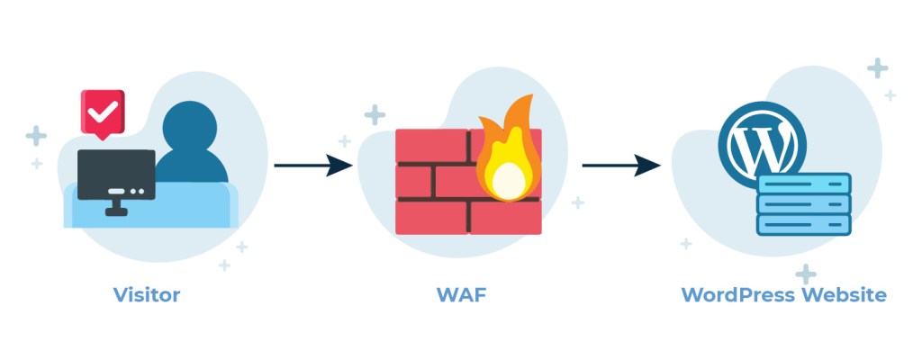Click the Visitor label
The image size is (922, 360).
tap(146, 294)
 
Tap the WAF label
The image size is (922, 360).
tap(463, 294)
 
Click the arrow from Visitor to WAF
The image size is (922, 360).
tap(312, 166)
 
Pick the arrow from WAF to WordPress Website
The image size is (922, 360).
tap(621, 166)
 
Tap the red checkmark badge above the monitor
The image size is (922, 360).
tap(102, 112)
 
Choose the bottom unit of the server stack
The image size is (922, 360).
tap(804, 224)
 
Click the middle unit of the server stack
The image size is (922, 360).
tap(804, 204)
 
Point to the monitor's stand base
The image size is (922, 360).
tap(116, 212)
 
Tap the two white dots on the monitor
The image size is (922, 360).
tap(136, 191)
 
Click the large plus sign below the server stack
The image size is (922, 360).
tap(806, 274)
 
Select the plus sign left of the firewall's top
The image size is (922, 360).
tap(375, 114)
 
